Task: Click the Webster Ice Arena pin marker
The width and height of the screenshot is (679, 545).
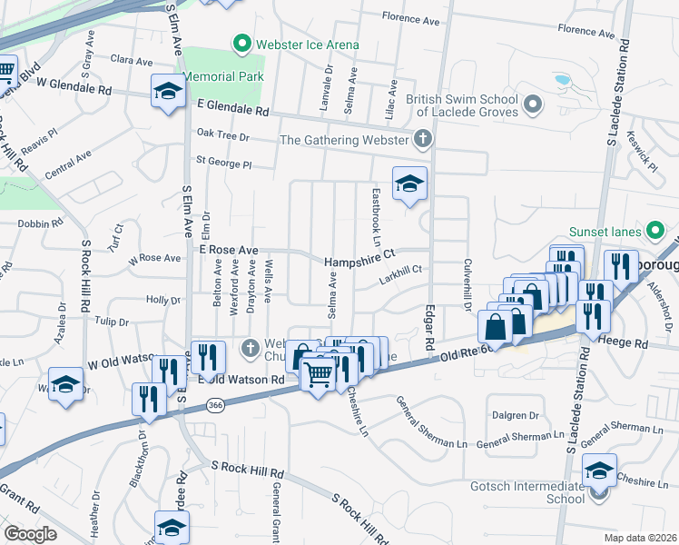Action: click(241, 44)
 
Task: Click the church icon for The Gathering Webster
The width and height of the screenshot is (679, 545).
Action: click(421, 139)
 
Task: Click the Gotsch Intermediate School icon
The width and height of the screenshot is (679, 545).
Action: click(598, 493)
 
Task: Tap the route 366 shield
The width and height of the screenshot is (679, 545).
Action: click(215, 404)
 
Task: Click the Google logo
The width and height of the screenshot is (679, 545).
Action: click(31, 533)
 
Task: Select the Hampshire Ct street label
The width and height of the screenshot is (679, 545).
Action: click(361, 260)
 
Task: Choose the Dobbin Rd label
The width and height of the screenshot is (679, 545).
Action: click(39, 222)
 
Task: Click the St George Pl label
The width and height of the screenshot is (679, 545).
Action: click(223, 164)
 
